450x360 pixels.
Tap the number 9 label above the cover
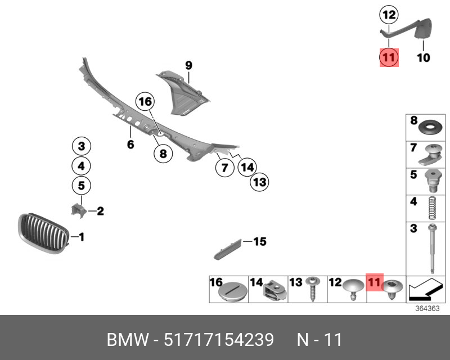pyautogui.click(x=188, y=66)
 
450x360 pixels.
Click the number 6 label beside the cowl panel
pyautogui.click(x=130, y=145)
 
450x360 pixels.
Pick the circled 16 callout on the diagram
pyautogui.click(x=145, y=102)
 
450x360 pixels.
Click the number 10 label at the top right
pyautogui.click(x=423, y=57)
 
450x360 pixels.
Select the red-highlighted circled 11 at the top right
pyautogui.click(x=389, y=57)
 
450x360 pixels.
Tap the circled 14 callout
pyautogui.click(x=247, y=167)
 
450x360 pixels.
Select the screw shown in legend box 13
pyautogui.click(x=311, y=289)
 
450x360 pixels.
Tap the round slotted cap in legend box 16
pyautogui.click(x=233, y=291)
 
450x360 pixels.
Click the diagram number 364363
pyautogui.click(x=425, y=308)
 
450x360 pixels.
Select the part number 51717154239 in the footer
pyautogui.click(x=219, y=340)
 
